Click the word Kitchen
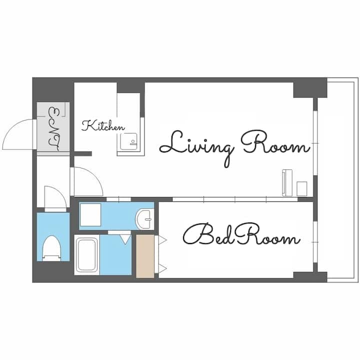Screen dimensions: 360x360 (103, 126)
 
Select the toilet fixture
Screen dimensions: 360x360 (52, 248)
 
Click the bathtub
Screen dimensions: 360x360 (86, 254)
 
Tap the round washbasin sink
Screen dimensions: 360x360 (144, 219)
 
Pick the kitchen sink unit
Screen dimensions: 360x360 (128, 141)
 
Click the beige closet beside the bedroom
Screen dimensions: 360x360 (145, 256)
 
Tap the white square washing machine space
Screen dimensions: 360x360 (90, 214)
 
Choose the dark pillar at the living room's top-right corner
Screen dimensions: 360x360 (310, 87)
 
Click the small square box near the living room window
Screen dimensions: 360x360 (301, 188)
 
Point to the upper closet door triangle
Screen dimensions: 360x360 (162, 240)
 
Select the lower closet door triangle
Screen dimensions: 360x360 (162, 268)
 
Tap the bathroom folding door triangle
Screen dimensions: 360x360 (125, 239)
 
